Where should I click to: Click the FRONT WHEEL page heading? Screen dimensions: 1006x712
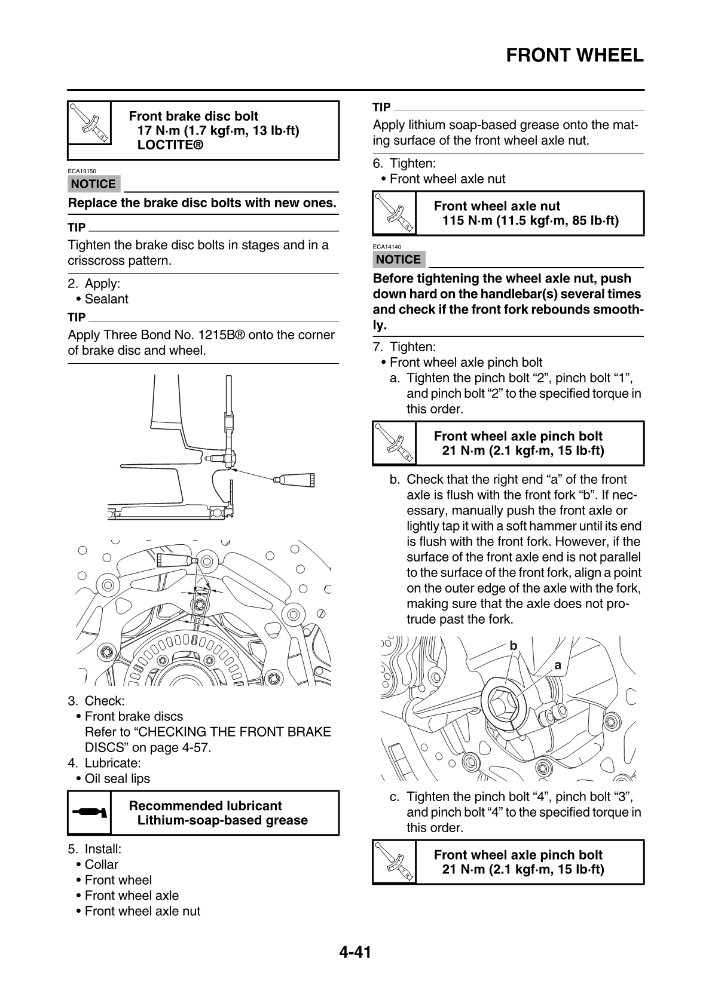575,56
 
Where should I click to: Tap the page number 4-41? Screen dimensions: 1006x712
356,952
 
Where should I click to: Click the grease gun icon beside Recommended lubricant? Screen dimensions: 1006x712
89,812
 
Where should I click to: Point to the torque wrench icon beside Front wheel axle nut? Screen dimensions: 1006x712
394,213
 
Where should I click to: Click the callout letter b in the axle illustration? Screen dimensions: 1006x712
513,646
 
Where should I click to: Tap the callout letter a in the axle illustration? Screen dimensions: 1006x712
558,665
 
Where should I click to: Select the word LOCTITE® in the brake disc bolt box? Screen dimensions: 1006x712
170,145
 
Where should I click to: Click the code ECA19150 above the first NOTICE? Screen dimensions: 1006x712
82,171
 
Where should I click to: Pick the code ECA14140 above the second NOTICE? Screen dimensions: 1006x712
387,247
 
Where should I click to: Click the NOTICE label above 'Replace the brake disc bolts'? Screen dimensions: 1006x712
94,184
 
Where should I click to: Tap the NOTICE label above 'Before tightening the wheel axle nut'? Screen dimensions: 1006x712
399,259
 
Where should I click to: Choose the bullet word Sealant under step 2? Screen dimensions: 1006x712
106,299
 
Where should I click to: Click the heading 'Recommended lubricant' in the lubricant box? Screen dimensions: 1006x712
205,805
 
